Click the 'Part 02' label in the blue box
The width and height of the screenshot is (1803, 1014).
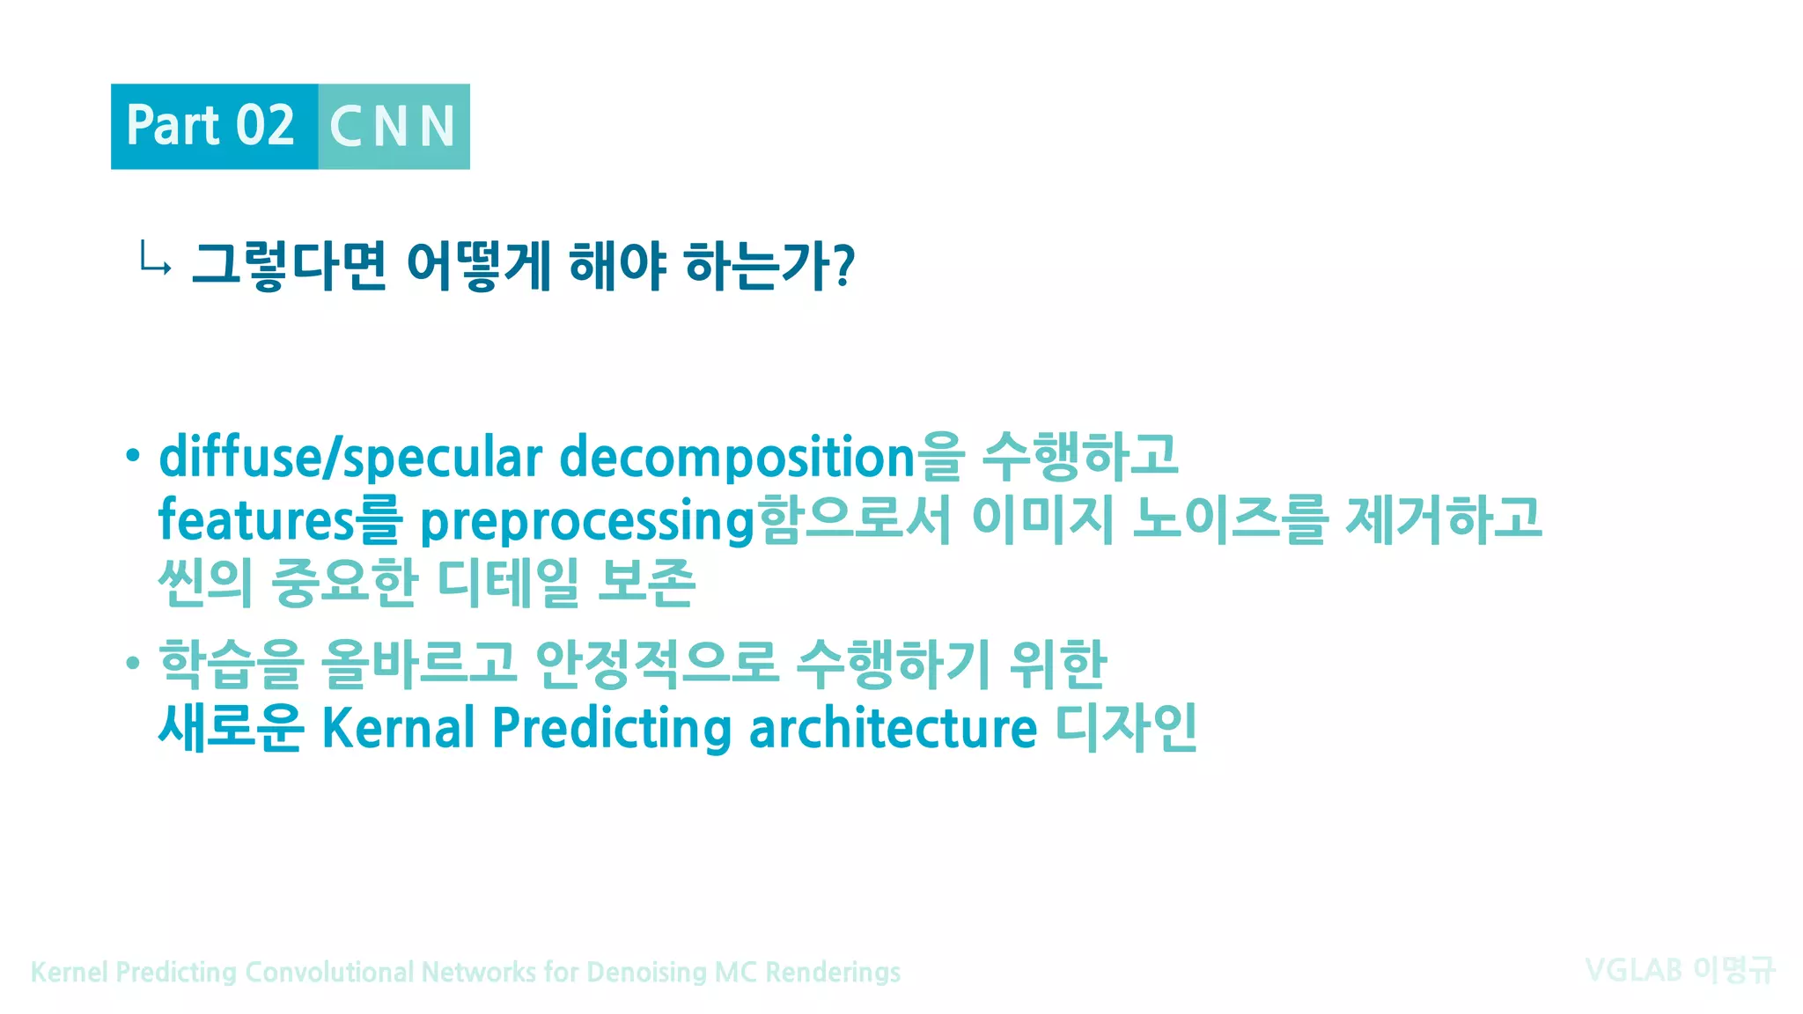click(x=210, y=126)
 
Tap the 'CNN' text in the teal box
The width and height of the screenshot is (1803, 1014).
click(x=393, y=127)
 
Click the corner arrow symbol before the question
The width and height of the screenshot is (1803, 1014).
click(x=155, y=261)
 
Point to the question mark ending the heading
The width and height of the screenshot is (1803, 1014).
click(x=843, y=265)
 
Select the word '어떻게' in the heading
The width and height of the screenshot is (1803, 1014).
click(x=478, y=265)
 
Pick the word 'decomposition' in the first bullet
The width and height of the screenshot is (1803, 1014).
click(x=738, y=458)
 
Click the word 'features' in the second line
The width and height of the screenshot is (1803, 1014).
click(x=256, y=519)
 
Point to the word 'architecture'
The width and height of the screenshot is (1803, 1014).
click(x=893, y=728)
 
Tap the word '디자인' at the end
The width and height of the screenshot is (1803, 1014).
click(x=1126, y=727)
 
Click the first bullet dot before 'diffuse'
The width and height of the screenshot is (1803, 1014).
click(x=132, y=455)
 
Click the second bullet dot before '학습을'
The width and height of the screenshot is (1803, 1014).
click(x=132, y=662)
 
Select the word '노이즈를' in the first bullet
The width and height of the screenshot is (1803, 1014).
click(x=1229, y=518)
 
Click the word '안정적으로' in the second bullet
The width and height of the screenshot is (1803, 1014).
click(x=657, y=664)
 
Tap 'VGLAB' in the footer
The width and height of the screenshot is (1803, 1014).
click(x=1633, y=970)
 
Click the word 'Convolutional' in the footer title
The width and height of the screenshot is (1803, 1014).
click(x=329, y=972)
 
